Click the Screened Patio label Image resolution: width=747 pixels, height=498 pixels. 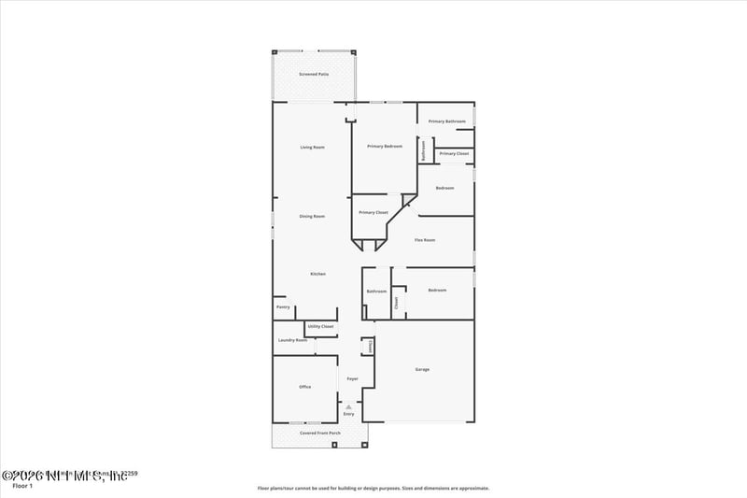(314, 74)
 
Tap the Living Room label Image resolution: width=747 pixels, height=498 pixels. (312, 148)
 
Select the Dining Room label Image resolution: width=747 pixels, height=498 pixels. (312, 217)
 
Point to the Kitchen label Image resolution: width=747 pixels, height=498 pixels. (317, 274)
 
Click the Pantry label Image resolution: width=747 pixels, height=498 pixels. (283, 307)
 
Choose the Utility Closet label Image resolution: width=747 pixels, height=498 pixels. (320, 326)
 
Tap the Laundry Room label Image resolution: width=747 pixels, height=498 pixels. (292, 340)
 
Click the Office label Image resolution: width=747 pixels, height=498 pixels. (304, 387)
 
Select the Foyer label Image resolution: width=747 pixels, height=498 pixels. (353, 378)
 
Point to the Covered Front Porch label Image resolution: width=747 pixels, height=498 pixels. (319, 434)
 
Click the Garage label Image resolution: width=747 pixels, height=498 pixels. (422, 370)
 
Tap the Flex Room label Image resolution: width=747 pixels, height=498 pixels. (425, 240)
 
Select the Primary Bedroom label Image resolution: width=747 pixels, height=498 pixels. (385, 146)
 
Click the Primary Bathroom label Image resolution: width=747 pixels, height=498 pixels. (447, 121)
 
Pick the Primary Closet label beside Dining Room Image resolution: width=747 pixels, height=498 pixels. (373, 212)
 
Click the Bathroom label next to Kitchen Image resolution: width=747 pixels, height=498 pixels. (376, 292)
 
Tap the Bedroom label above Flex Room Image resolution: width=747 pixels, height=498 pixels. (444, 188)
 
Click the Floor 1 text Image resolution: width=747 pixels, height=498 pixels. (22, 486)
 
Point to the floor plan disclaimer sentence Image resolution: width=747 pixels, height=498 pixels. (373, 488)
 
